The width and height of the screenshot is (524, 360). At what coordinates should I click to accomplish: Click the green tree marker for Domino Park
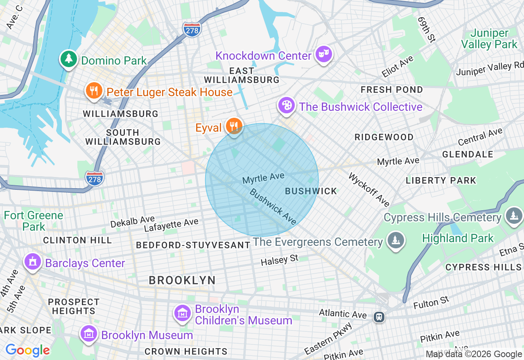(x=69, y=59)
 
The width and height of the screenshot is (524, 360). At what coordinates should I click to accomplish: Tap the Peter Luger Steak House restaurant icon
(x=94, y=91)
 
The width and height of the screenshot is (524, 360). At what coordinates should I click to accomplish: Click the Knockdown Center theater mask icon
(x=324, y=54)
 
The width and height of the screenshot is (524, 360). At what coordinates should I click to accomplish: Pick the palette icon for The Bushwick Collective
(x=287, y=106)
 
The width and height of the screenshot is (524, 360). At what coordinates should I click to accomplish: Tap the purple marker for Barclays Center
(x=33, y=261)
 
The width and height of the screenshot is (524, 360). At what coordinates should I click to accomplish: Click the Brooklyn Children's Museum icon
(x=182, y=313)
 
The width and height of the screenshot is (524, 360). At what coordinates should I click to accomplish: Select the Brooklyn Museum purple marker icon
(x=89, y=334)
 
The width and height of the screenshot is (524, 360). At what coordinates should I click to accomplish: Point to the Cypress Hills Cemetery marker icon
(x=513, y=216)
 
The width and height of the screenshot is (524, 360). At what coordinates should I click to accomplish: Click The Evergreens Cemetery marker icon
(x=395, y=240)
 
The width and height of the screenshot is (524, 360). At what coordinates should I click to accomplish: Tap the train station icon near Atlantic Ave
(x=379, y=317)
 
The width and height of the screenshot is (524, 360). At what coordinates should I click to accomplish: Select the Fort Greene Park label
(x=34, y=220)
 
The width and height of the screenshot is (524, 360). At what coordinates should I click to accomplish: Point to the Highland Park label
(x=458, y=238)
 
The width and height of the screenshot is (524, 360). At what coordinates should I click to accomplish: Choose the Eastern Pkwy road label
(x=328, y=339)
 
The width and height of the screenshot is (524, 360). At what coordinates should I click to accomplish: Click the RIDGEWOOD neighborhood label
(x=384, y=137)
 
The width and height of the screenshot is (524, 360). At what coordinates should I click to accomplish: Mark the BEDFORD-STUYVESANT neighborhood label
(x=193, y=245)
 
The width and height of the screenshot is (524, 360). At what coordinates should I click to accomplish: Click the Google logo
(x=27, y=350)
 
